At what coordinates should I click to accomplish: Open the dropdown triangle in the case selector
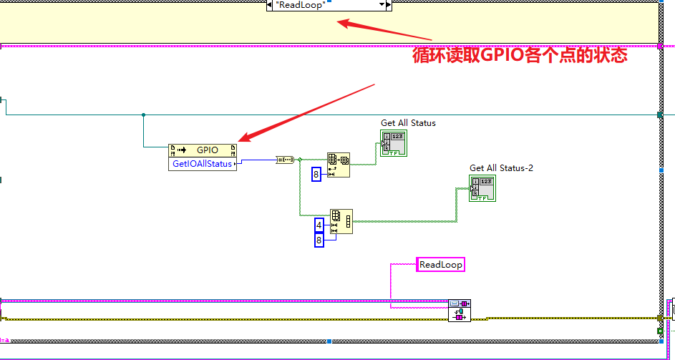coord(381,5)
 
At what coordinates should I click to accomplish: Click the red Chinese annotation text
coord(520,56)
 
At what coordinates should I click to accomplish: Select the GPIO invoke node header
coord(203,150)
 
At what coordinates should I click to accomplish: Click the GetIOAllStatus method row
coord(203,163)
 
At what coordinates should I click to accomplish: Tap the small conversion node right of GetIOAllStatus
coord(285,160)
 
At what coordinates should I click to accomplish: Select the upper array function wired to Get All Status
coord(338,165)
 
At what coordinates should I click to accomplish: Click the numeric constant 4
coord(319,225)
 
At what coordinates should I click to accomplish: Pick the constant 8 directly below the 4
coord(319,240)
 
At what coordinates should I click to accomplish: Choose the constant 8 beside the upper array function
coord(316,174)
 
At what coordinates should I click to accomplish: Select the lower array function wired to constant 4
coord(341,221)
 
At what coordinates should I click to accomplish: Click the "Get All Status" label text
coord(408,123)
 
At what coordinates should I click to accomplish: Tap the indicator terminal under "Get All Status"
coord(393,143)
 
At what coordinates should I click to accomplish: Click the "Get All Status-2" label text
coord(501,168)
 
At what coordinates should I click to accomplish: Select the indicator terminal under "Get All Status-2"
coord(482,188)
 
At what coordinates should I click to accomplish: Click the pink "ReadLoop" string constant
coord(441,265)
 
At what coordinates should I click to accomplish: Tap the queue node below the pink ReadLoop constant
coord(459,311)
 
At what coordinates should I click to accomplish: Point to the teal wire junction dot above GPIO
coord(143,115)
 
